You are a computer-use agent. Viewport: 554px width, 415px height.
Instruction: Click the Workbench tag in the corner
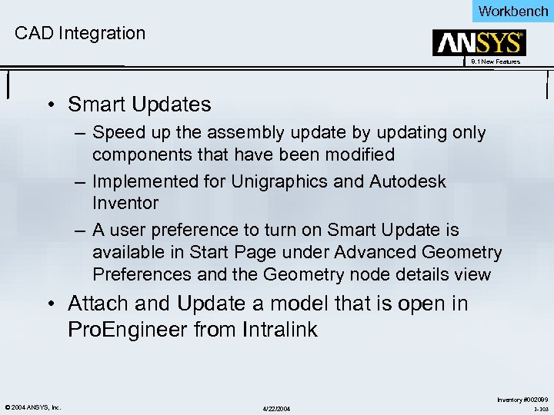(513, 11)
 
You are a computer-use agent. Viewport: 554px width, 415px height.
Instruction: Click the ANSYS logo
(479, 42)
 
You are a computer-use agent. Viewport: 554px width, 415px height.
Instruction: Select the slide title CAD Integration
(80, 33)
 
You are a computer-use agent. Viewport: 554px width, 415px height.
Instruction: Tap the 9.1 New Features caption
(496, 61)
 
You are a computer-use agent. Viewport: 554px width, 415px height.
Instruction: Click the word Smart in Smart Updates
(95, 104)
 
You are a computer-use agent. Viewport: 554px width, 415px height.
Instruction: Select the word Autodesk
(409, 181)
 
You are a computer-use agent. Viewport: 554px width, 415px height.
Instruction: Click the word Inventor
(125, 203)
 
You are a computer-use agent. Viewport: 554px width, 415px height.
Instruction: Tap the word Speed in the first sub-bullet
(116, 132)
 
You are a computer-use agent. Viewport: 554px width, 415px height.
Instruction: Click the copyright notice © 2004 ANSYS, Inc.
(33, 407)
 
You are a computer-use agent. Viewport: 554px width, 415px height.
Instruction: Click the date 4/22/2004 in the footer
(277, 407)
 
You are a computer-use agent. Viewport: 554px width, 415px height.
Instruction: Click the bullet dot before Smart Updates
(49, 105)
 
